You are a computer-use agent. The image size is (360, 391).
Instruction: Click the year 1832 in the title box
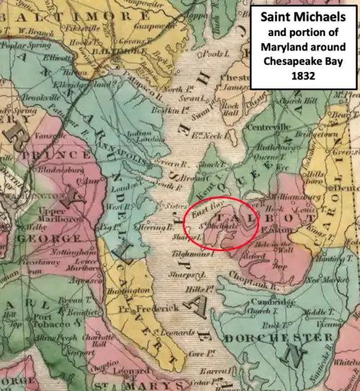302,94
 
